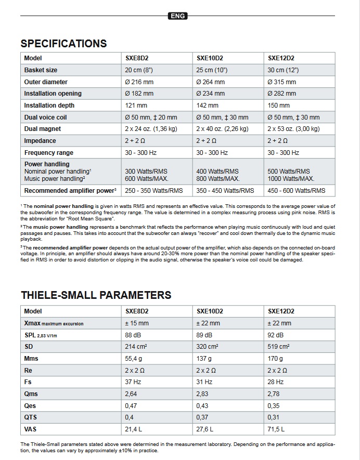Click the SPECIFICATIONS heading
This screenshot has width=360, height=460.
pyautogui.click(x=63, y=44)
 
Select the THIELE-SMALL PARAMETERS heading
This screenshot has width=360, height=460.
pyautogui.click(x=96, y=295)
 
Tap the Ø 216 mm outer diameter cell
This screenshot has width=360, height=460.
pyautogui.click(x=139, y=82)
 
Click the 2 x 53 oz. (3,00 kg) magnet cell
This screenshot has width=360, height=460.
pyautogui.click(x=293, y=129)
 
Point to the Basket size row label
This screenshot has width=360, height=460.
pyautogui.click(x=41, y=70)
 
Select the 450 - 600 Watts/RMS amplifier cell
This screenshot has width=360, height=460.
pyautogui.click(x=296, y=191)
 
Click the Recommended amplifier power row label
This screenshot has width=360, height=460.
pyautogui.click(x=70, y=191)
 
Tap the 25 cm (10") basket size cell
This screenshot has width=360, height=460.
pyautogui.click(x=211, y=70)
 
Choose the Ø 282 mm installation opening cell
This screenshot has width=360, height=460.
pyautogui.click(x=281, y=94)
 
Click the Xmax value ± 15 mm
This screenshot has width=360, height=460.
pyautogui.click(x=137, y=323)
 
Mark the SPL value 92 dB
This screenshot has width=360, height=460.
pyautogui.click(x=275, y=335)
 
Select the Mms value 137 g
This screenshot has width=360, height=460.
pyautogui.click(x=204, y=359)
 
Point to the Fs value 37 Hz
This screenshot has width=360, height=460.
pyautogui.click(x=133, y=382)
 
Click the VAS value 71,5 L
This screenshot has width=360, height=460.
pyautogui.click(x=276, y=429)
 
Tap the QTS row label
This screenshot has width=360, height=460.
pyautogui.click(x=31, y=417)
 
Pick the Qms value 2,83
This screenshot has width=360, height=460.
pyautogui.click(x=202, y=394)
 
